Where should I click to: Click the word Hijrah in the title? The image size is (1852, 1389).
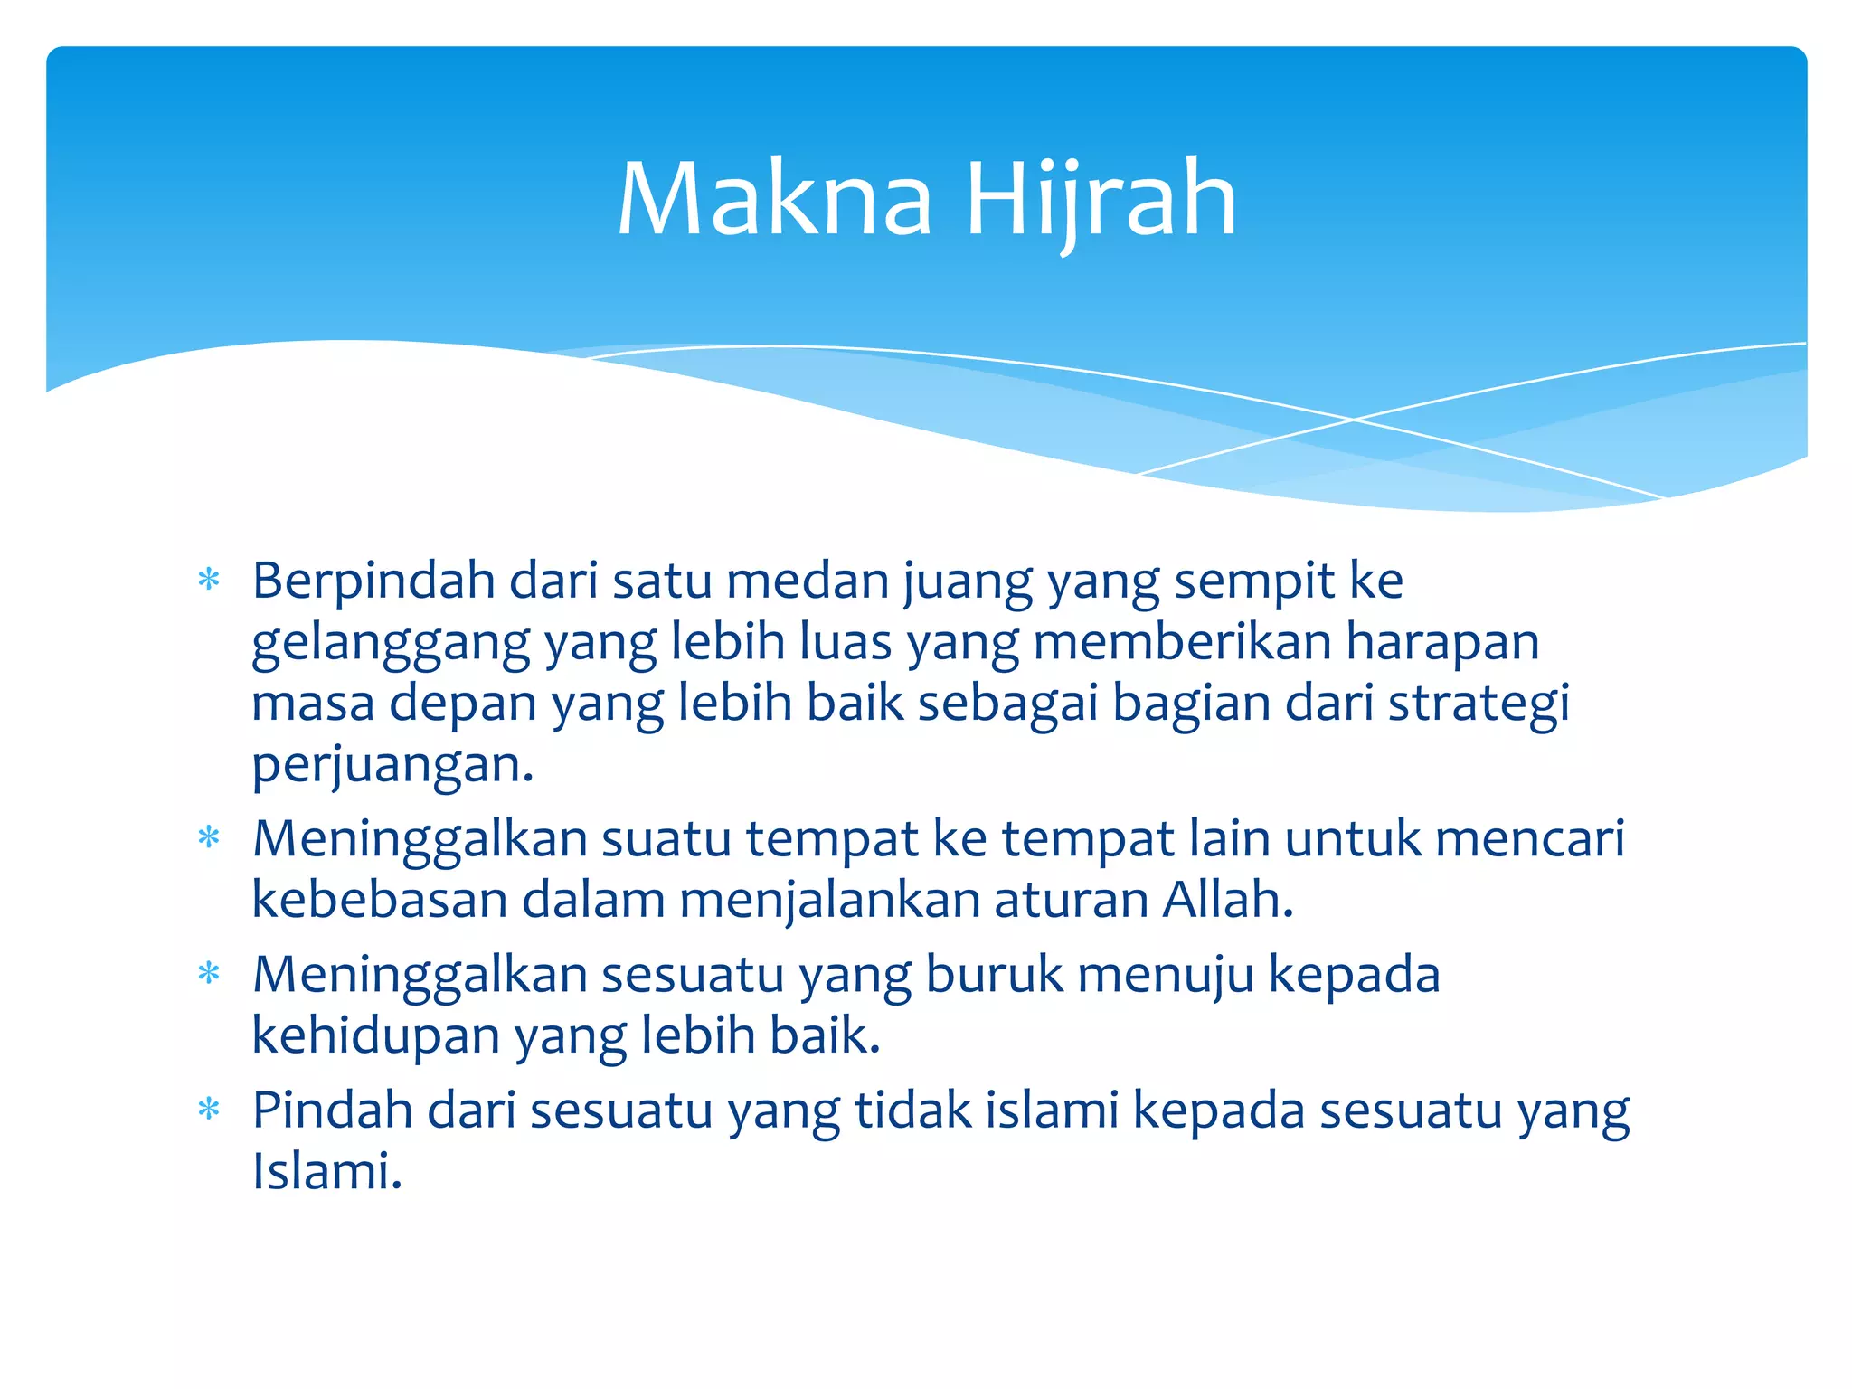point(1101,201)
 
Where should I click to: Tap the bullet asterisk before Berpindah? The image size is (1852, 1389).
point(209,580)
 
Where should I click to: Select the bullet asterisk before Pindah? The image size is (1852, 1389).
point(209,1110)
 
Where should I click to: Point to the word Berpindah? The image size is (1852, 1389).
point(373,581)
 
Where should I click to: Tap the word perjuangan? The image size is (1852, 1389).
point(392,766)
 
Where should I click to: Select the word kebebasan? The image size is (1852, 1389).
point(379,900)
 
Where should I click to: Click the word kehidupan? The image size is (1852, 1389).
point(375,1035)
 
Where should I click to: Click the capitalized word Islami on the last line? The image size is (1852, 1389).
point(326,1171)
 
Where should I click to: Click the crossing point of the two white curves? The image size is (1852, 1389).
point(1353,420)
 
